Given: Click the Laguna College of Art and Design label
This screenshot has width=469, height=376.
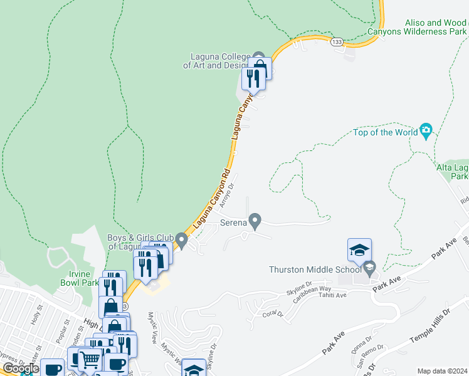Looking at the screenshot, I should [x=216, y=60].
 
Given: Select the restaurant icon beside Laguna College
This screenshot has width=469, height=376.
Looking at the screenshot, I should [x=253, y=78].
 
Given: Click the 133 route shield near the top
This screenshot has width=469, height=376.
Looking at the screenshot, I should [x=337, y=41].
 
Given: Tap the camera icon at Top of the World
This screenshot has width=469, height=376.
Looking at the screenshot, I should [x=426, y=131].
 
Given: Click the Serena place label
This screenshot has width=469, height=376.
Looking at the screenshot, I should [x=232, y=222].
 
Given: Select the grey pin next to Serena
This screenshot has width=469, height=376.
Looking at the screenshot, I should [x=255, y=221].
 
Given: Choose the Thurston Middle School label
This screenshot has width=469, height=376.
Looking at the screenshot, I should [x=315, y=269].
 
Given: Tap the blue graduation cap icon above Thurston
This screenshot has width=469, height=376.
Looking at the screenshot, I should [x=359, y=250].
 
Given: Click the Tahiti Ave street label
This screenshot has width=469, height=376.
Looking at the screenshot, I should [x=332, y=295].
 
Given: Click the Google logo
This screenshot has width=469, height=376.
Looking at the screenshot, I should [x=21, y=368].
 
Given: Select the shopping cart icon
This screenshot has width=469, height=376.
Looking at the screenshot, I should [x=90, y=360].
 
